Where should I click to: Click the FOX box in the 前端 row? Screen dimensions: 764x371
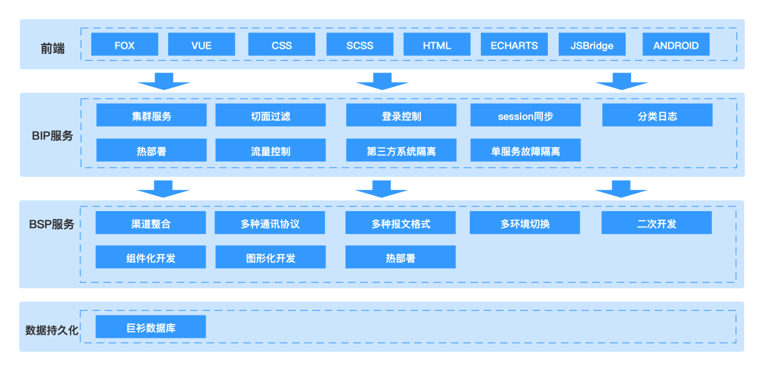point(124,44)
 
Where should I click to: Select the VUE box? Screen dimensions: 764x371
point(202,44)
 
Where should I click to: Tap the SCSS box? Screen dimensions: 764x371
point(360,44)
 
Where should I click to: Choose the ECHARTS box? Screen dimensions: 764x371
point(514,44)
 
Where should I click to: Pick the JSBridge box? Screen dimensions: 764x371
point(592,44)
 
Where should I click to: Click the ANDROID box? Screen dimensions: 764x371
point(676,44)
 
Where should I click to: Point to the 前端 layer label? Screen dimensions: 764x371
point(53,49)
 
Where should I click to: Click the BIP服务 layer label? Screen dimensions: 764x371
point(53,136)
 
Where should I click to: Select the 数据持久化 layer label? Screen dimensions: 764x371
point(52,330)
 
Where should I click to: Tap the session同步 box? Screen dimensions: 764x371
point(525,115)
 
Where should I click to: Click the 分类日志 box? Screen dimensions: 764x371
point(657,115)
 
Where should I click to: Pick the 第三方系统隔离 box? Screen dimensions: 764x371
point(401,150)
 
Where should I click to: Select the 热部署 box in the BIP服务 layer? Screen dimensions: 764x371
point(152,150)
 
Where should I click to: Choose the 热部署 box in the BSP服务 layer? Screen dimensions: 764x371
point(400,257)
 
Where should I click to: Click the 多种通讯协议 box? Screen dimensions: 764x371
point(270,223)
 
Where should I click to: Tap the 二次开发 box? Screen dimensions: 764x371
point(656,223)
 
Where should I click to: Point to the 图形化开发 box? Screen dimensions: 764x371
point(271,257)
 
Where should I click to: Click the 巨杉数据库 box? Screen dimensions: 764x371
point(151,327)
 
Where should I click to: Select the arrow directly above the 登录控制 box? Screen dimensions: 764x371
point(382,82)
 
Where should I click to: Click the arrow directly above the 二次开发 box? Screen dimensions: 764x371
point(621,189)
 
